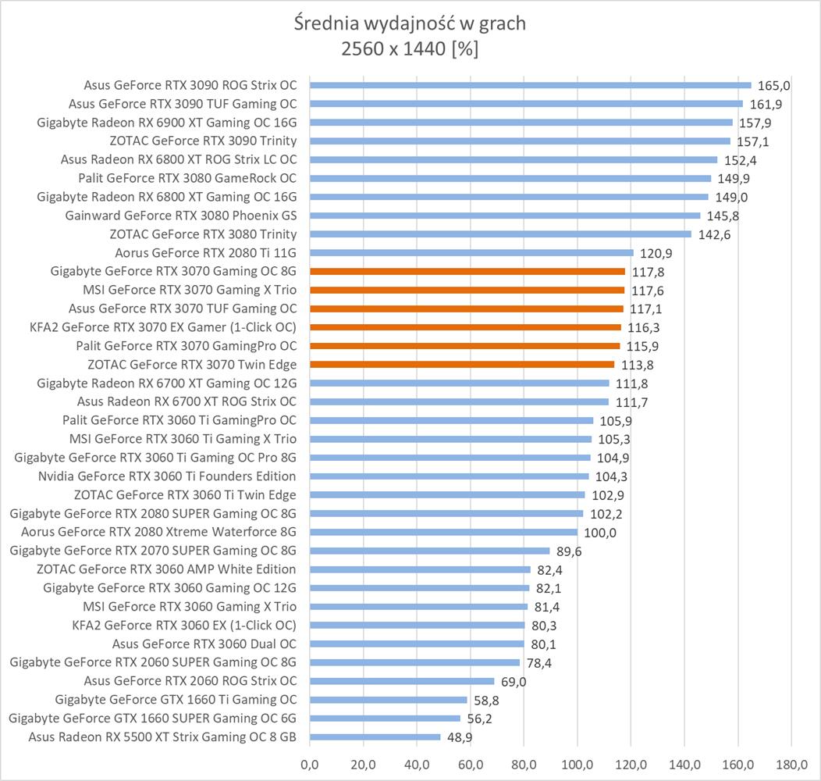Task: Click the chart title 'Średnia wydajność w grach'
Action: pyautogui.click(x=410, y=23)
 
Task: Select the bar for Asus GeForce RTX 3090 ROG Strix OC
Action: pyautogui.click(x=530, y=85)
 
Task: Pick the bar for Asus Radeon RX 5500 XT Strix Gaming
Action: pyautogui.click(x=375, y=736)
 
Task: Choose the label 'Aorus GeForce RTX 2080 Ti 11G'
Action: pyautogui.click(x=205, y=253)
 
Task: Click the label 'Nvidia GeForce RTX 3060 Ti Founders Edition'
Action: pyautogui.click(x=167, y=476)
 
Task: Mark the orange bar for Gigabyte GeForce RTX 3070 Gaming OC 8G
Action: pyautogui.click(x=467, y=272)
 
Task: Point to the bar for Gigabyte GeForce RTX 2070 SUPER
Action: pyautogui.click(x=429, y=551)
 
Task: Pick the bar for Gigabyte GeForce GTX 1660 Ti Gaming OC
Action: pyautogui.click(x=388, y=700)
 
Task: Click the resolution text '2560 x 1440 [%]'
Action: pyautogui.click(x=410, y=48)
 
